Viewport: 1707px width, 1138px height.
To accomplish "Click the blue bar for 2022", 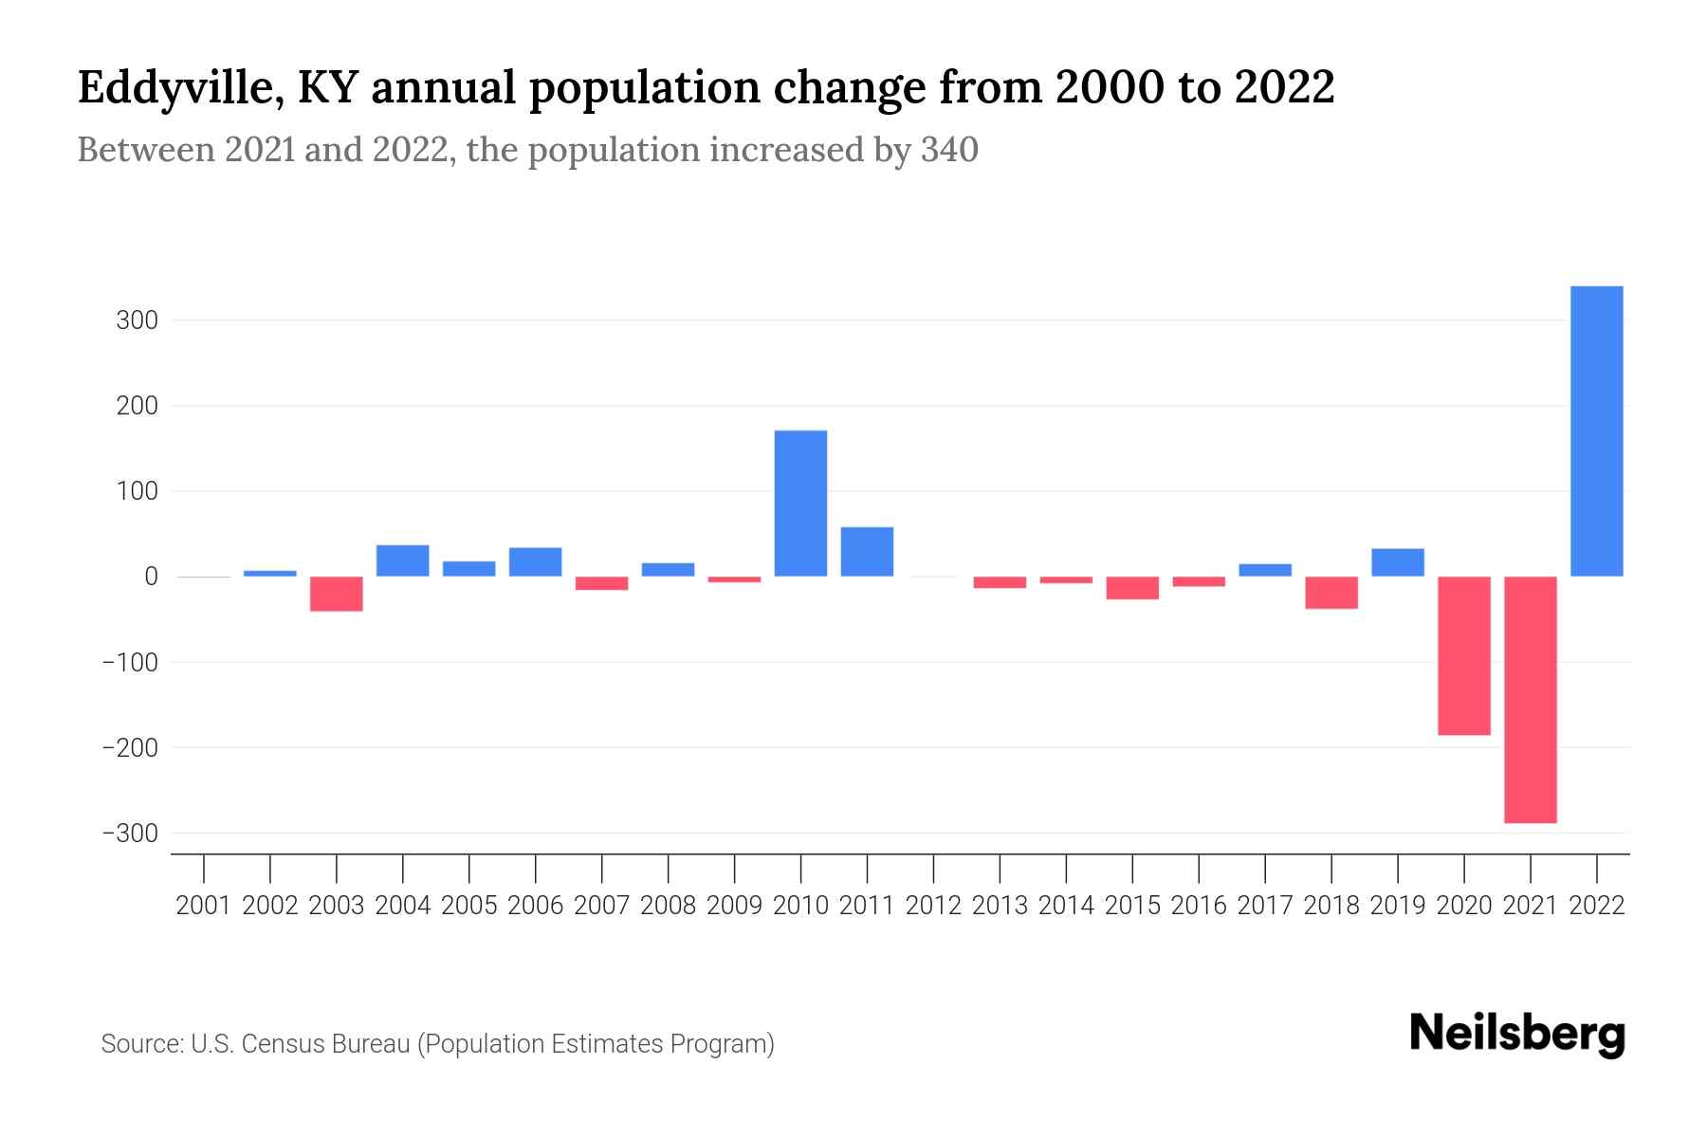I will (1596, 431).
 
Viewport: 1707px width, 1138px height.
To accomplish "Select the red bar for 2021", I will (1530, 699).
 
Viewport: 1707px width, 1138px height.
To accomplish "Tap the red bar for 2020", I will (1463, 655).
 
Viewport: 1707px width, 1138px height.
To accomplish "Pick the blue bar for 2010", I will (800, 504).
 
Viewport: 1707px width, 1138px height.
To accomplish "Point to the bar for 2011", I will (867, 552).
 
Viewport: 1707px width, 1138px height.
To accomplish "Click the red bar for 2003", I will (337, 594).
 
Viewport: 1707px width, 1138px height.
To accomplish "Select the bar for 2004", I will (402, 560).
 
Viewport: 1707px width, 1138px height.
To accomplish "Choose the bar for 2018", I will (1331, 593).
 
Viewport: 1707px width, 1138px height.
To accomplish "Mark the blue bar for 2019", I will (1397, 562).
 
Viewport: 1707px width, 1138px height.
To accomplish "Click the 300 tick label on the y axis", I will (137, 321).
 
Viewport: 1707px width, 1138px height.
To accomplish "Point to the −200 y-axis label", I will (129, 747).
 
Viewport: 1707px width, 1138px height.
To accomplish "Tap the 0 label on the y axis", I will (151, 577).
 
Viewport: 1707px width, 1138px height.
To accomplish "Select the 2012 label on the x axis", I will (933, 906).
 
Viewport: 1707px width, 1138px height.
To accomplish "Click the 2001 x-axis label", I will (204, 906).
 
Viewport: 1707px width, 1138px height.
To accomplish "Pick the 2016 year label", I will (1199, 906).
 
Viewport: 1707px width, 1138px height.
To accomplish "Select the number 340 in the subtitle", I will (949, 150).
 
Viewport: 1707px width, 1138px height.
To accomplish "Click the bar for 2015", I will (1131, 588).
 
